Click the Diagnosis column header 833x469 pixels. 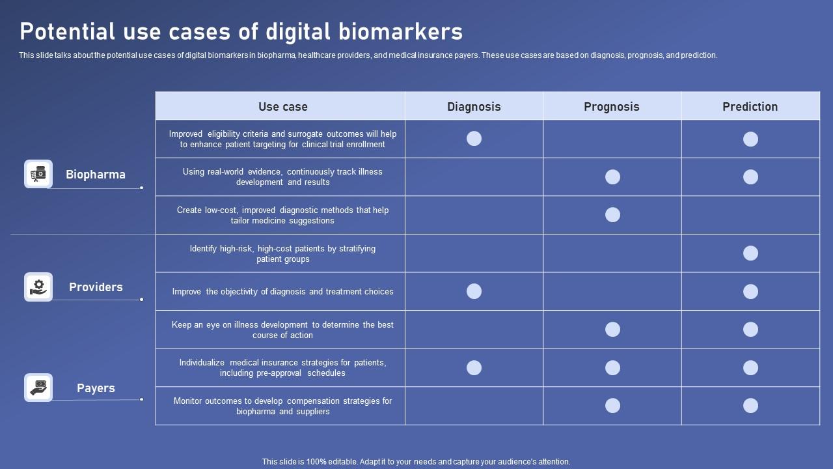[474, 107]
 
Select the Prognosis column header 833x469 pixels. [612, 107]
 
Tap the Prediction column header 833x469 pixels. [750, 107]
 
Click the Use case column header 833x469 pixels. [282, 107]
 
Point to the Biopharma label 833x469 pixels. [96, 175]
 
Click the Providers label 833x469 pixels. [96, 287]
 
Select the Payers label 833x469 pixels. [96, 388]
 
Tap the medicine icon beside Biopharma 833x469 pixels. [38, 174]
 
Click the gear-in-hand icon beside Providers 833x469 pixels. [38, 287]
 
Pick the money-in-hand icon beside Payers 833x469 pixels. [38, 388]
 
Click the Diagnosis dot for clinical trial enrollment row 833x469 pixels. [474, 138]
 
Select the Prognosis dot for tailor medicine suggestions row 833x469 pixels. [612, 215]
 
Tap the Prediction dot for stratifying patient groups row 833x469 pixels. [750, 253]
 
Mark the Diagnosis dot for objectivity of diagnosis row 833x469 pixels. [474, 291]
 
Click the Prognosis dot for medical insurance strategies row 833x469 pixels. [612, 368]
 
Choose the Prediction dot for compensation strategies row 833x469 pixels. [750, 406]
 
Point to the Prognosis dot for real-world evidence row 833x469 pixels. [612, 177]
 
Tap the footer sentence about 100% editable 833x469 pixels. [416, 462]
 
